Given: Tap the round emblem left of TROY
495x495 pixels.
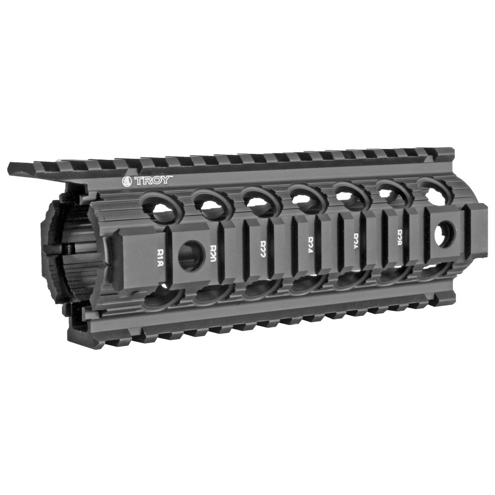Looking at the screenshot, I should (126, 182).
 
